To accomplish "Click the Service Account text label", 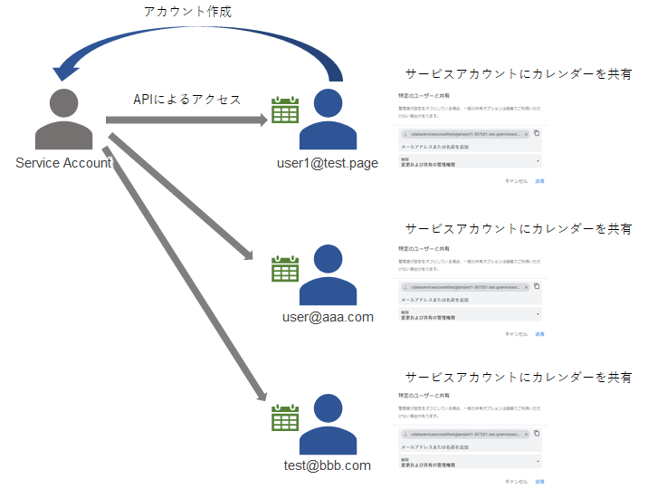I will (63, 163).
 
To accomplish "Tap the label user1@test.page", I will (328, 163).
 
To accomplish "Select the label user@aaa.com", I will (328, 317).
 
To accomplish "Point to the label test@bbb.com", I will (328, 465).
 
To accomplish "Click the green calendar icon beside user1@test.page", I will (285, 110).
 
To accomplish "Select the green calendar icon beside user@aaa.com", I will (285, 269).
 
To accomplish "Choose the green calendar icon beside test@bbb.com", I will (285, 417).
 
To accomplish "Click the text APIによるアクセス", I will (187, 99).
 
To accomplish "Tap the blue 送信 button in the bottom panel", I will (539, 482).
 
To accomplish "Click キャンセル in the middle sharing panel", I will (516, 333).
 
